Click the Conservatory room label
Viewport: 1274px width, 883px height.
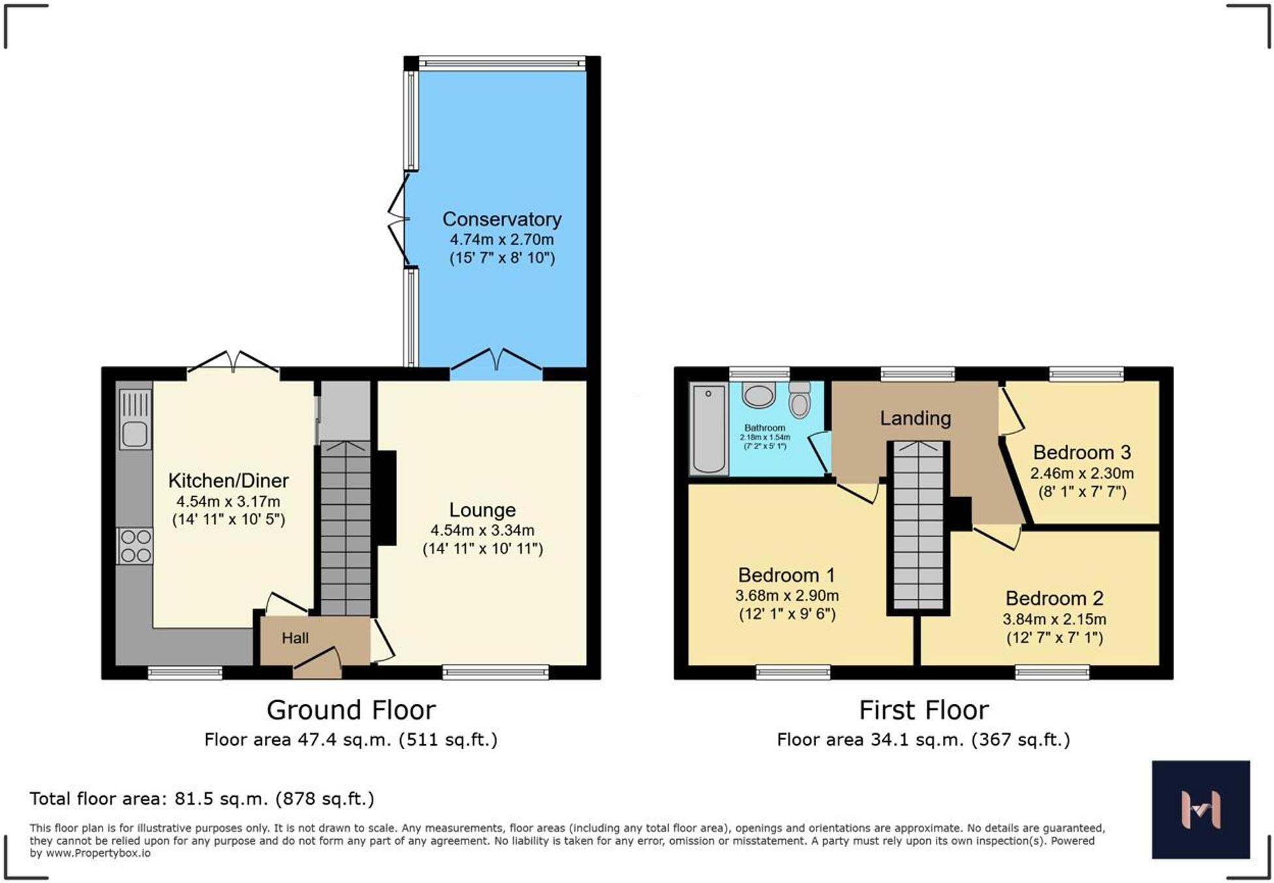[x=501, y=219]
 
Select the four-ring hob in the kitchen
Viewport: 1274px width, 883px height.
[x=135, y=546]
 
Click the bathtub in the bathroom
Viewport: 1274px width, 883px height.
[x=709, y=428]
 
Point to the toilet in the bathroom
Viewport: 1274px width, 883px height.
[x=800, y=399]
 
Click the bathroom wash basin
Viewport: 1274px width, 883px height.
[x=758, y=396]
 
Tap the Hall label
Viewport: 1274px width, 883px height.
[x=295, y=638]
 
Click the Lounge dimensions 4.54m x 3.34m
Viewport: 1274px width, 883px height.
[x=482, y=530]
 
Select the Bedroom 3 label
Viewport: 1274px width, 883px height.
[x=1081, y=452]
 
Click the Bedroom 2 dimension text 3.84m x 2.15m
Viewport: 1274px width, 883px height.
[x=1054, y=618]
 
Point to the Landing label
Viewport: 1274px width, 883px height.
[x=915, y=418]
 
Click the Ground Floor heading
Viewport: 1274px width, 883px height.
[x=351, y=710]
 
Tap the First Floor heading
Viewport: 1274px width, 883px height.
[x=923, y=710]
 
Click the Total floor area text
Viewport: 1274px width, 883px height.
[x=202, y=799]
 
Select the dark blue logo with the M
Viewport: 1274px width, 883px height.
[x=1200, y=809]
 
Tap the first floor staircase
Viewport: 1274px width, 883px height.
[x=918, y=526]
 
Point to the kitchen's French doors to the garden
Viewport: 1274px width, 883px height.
[x=234, y=363]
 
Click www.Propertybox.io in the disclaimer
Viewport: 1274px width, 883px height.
[x=98, y=853]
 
